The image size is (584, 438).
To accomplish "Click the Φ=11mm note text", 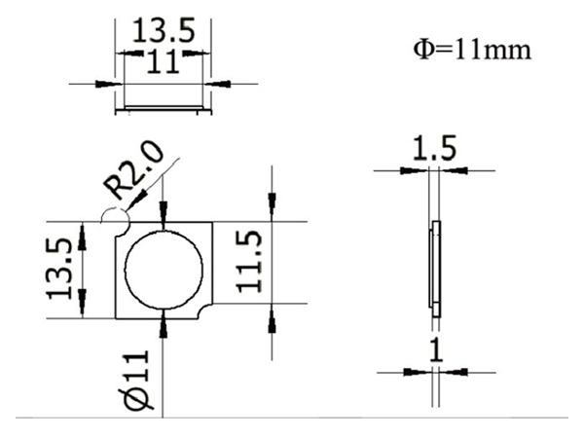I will click(472, 48).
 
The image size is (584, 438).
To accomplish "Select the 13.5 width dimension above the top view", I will click(162, 30).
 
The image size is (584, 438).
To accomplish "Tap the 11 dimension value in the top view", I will click(162, 64).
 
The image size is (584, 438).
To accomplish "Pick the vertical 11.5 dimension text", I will click(251, 264).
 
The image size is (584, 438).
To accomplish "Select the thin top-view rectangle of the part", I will click(162, 103).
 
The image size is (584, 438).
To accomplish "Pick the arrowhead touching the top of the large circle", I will click(164, 225).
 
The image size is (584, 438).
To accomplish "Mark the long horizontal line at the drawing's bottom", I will click(292, 417).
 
